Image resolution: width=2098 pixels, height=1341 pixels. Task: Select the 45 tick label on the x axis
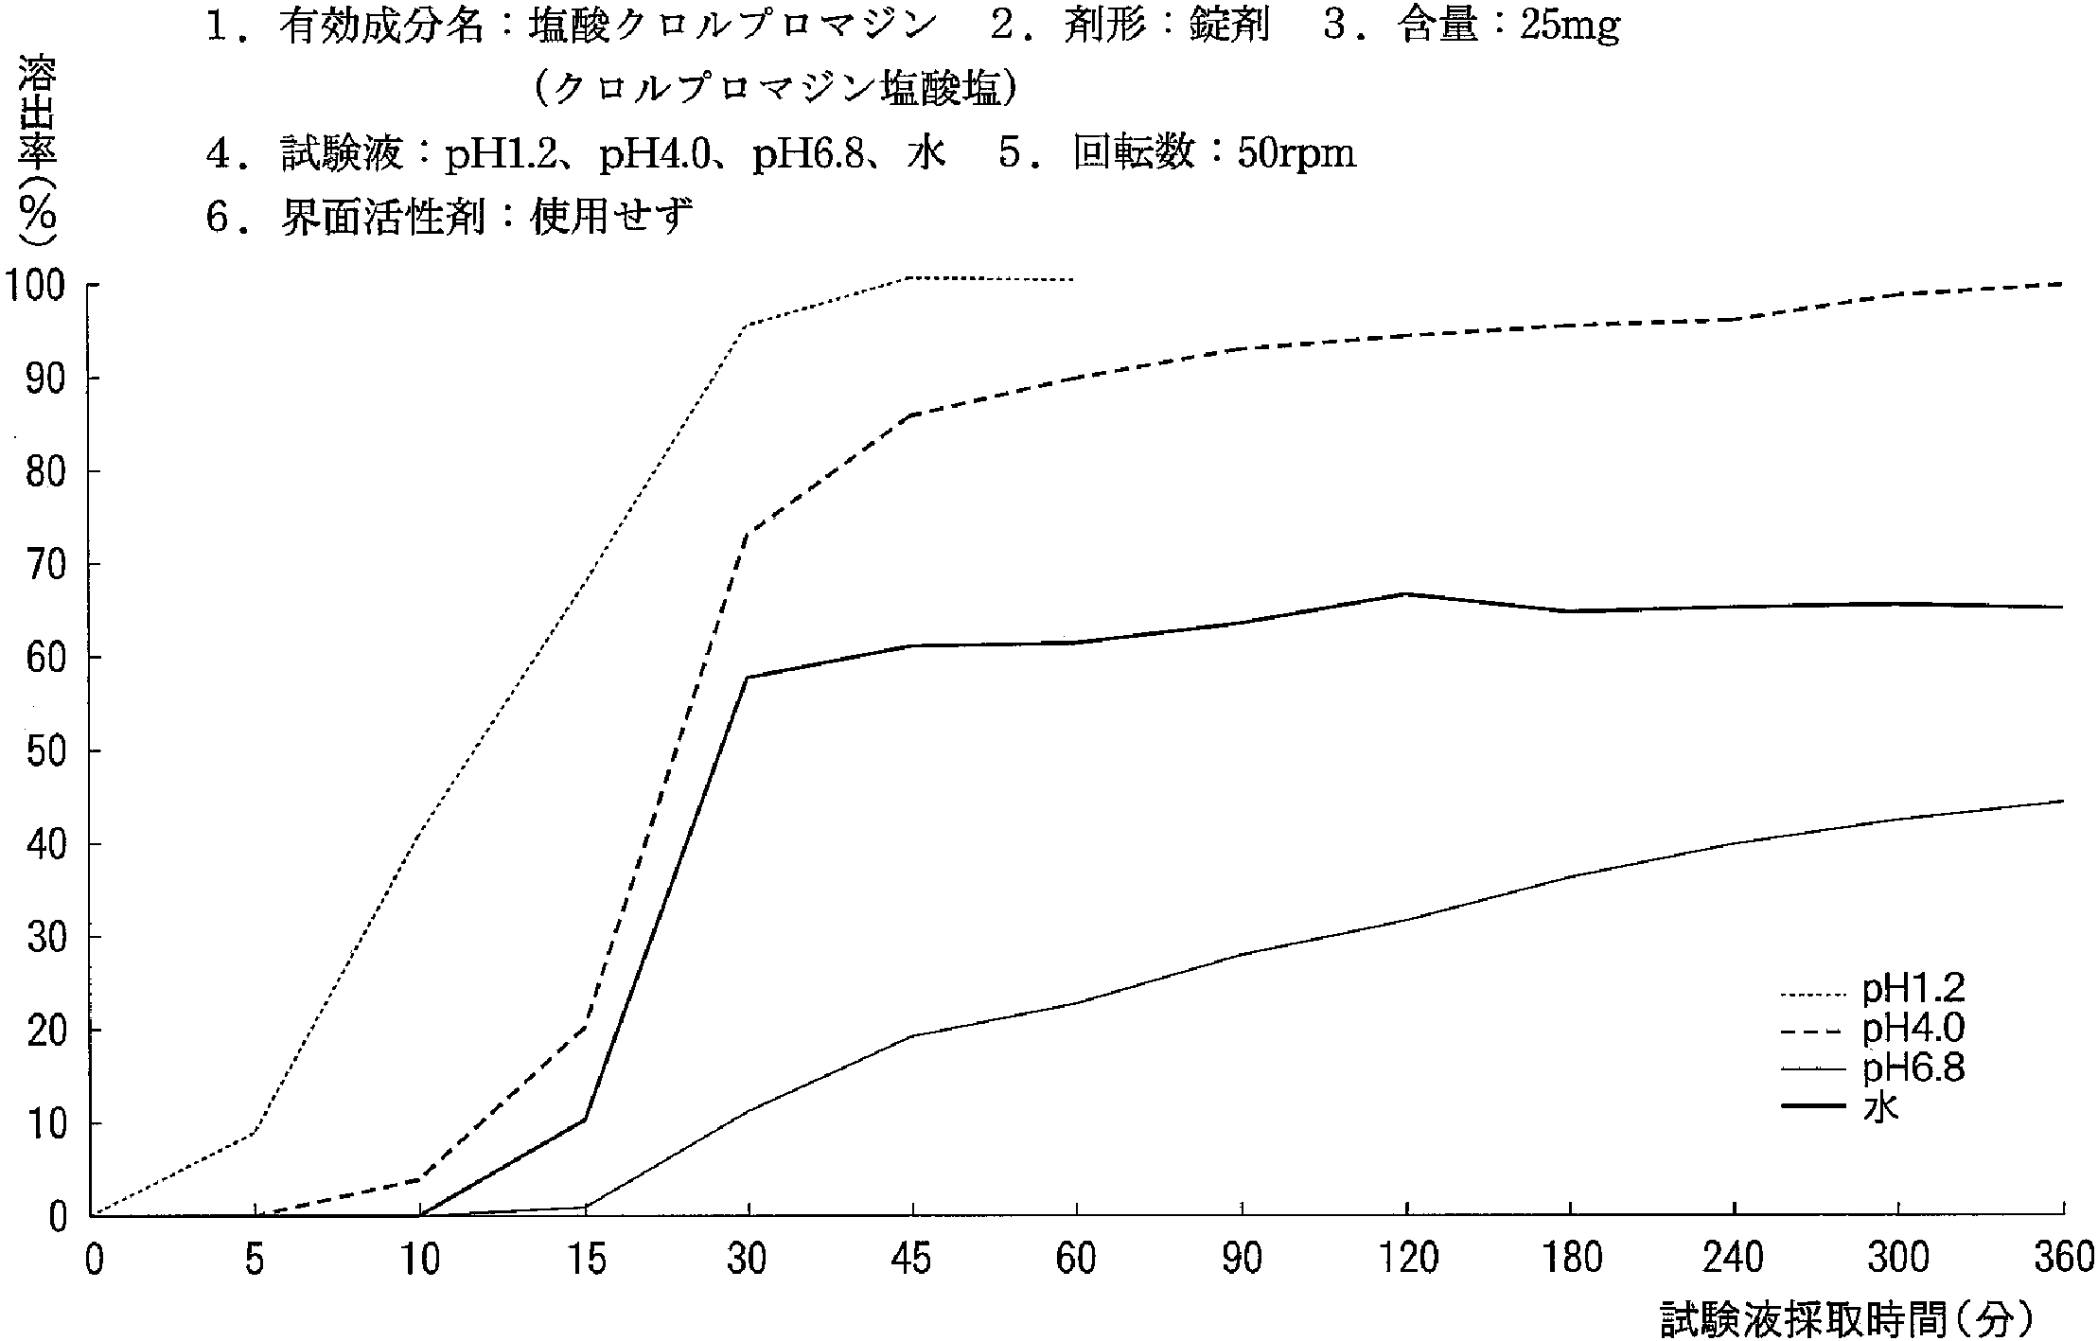point(912,1260)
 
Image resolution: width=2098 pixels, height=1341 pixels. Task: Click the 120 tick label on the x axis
point(1406,1260)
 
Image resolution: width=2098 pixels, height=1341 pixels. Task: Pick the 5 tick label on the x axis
point(256,1260)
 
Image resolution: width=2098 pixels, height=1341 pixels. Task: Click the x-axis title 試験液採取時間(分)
point(1845,1318)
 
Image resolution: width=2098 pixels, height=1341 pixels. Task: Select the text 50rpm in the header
point(1296,153)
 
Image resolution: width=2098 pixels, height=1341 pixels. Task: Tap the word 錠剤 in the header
point(1229,28)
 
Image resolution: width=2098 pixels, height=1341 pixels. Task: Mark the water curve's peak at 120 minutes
point(1406,593)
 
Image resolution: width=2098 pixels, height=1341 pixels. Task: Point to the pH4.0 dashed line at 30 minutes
point(749,534)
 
